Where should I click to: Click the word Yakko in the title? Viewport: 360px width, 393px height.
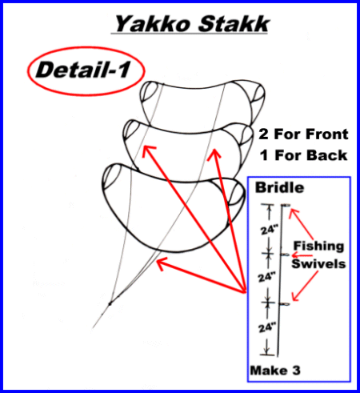[x=153, y=24]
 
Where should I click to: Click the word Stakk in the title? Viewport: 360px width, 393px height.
[x=234, y=24]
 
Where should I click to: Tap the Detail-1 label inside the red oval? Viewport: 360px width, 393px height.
[x=83, y=70]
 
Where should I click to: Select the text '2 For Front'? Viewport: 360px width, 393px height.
[x=303, y=134]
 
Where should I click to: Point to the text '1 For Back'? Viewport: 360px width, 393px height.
[x=304, y=155]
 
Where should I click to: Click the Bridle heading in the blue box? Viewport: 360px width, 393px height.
[x=279, y=187]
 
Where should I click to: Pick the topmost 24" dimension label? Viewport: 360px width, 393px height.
[x=270, y=230]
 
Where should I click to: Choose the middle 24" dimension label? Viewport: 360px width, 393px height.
[x=267, y=278]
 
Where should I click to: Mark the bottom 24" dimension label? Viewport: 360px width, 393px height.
[x=267, y=327]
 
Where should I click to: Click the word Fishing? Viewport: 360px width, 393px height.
[x=318, y=247]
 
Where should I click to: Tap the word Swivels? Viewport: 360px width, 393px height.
[x=318, y=264]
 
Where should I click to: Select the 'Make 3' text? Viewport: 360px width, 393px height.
[x=275, y=371]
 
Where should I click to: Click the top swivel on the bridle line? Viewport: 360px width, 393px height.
[x=286, y=205]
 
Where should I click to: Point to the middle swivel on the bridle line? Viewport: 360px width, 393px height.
[x=285, y=255]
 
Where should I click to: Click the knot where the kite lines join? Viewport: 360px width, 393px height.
[x=110, y=303]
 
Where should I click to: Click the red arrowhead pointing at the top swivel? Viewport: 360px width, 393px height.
[x=294, y=213]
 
